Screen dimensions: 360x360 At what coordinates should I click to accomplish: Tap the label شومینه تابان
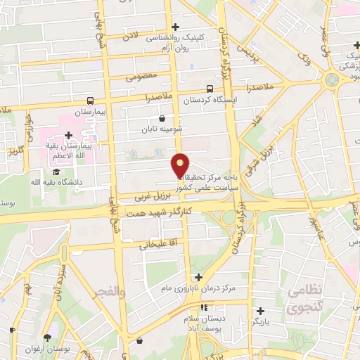pyautogui.click(x=162, y=130)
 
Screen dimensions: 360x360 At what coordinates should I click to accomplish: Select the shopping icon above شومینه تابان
pyautogui.click(x=163, y=118)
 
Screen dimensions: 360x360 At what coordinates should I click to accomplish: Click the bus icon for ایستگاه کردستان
pyautogui.click(x=210, y=89)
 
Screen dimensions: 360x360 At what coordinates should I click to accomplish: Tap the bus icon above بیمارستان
pyautogui.click(x=90, y=101)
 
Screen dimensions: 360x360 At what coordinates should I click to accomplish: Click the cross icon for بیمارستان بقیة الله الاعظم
pyautogui.click(x=68, y=135)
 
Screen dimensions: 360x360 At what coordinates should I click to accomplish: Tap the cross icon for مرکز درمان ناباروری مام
pyautogui.click(x=198, y=277)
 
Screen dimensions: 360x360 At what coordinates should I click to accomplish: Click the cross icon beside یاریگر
pyautogui.click(x=260, y=310)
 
